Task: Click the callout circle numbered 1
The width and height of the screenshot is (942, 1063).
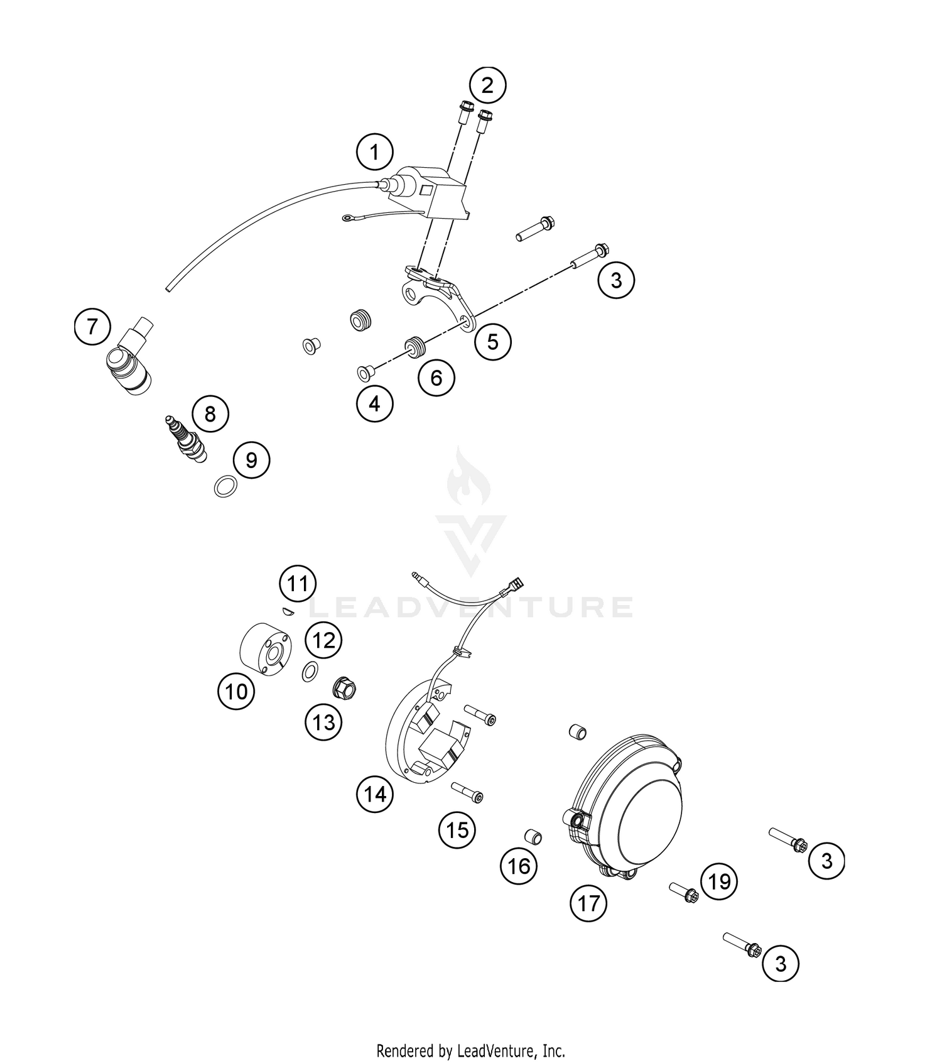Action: tap(374, 152)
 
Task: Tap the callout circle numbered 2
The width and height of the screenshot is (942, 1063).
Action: tap(487, 85)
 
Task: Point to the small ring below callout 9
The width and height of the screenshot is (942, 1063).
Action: tap(225, 486)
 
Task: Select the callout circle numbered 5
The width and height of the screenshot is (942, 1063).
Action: tap(492, 342)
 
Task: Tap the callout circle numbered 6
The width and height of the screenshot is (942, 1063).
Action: tap(436, 378)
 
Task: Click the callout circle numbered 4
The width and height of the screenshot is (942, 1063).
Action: tap(374, 403)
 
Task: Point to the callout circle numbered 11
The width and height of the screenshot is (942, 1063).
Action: tap(297, 584)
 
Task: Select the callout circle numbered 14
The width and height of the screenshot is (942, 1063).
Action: tap(375, 794)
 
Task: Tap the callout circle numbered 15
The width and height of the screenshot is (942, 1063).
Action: tap(457, 830)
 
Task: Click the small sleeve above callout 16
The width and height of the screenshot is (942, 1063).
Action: tap(533, 837)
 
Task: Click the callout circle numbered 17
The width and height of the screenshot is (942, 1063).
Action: tap(588, 903)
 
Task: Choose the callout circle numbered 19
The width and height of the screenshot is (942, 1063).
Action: tap(719, 881)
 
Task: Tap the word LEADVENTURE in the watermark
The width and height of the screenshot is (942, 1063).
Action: tap(471, 607)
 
